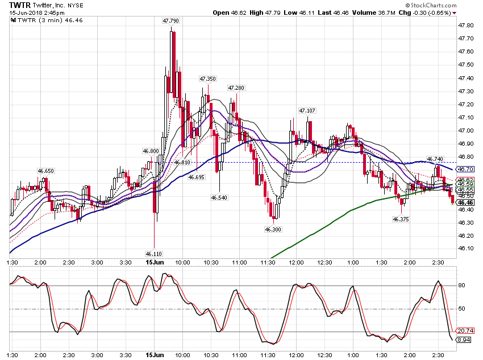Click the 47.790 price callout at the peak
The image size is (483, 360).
tap(170, 20)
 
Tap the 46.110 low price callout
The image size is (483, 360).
tap(154, 254)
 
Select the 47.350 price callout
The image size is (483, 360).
tap(207, 78)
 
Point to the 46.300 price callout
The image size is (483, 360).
tap(273, 229)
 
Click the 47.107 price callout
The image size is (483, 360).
tap(307, 110)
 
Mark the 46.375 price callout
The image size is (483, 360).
tap(401, 219)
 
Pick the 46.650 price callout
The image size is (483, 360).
tap(45, 171)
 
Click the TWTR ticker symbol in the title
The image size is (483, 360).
tap(20, 5)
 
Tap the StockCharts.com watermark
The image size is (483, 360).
tap(431, 5)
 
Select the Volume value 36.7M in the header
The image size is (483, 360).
tap(387, 13)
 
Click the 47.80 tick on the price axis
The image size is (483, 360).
tap(466, 25)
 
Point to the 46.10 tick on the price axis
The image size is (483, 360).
tap(466, 249)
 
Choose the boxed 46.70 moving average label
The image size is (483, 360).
tap(465, 169)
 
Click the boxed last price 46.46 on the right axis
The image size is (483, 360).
tap(465, 202)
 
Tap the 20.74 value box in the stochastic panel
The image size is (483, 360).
tap(465, 331)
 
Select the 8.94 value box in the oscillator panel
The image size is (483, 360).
tap(464, 340)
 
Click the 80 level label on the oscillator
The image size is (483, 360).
tap(461, 285)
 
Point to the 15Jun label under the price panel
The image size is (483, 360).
tap(155, 262)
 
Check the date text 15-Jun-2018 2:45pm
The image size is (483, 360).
tap(37, 13)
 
